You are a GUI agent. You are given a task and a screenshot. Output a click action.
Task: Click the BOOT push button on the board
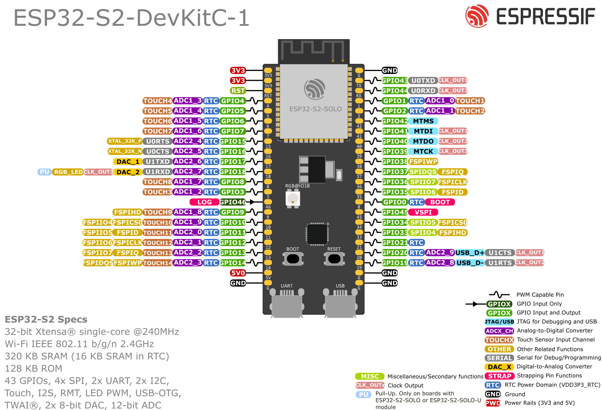pos(293,259)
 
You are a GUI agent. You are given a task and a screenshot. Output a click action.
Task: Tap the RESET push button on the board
pos(334,259)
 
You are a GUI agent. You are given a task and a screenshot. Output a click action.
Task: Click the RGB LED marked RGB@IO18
pos(293,198)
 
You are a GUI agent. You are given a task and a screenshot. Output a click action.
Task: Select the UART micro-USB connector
pos(286,304)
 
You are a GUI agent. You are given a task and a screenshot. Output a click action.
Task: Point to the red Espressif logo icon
pos(477,16)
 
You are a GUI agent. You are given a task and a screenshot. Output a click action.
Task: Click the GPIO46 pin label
pos(233,202)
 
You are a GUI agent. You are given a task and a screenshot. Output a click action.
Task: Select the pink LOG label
pos(204,202)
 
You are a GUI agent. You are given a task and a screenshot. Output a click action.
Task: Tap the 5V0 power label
pos(238,273)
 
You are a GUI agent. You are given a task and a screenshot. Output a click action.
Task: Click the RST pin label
pos(238,91)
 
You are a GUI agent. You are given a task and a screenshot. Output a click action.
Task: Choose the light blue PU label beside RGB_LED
pos(44,172)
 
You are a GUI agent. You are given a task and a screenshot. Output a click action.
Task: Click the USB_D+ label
pos(470,253)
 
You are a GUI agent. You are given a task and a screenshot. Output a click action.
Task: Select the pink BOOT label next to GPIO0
pos(440,202)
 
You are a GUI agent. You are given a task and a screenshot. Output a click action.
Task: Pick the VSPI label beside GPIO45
pos(423,212)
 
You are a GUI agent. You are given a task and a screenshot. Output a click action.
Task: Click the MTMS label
pos(423,121)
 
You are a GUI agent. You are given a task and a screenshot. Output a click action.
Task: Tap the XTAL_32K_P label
pos(125,141)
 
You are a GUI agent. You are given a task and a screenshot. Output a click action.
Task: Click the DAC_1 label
pos(128,162)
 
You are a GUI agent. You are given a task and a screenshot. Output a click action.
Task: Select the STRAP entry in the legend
pos(499,376)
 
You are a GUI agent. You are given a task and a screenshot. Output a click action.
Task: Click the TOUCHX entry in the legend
pos(499,340)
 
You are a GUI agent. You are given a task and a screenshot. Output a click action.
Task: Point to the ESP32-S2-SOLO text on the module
pos(315,109)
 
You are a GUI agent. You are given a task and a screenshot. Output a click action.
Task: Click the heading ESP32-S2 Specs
pos(46,319)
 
